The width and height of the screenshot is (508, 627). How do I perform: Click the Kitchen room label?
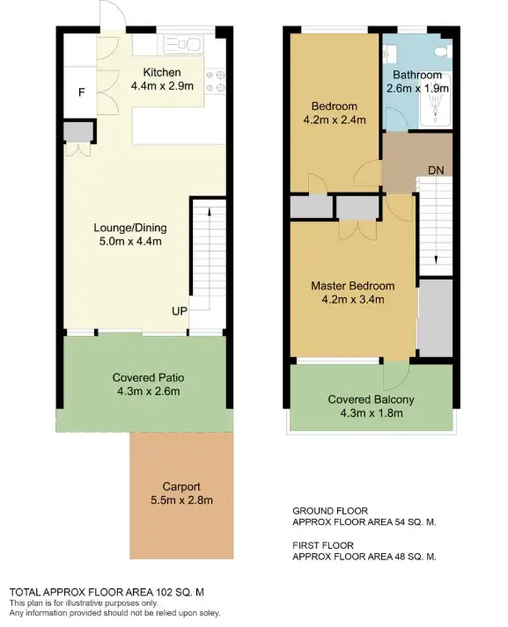(163, 72)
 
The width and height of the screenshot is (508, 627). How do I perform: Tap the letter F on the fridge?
(81, 92)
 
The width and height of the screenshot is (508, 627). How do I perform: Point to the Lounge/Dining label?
(127, 228)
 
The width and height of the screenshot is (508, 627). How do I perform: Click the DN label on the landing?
(435, 169)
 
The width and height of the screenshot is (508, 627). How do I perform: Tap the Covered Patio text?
(148, 378)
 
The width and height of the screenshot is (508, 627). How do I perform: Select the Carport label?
(182, 486)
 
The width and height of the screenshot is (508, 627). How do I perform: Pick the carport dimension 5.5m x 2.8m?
(182, 500)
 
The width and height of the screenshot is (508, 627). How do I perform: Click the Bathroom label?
(417, 75)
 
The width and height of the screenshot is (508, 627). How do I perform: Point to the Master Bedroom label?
(352, 286)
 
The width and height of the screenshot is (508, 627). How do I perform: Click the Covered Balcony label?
(371, 399)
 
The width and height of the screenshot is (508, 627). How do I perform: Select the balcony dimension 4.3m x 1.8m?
(371, 412)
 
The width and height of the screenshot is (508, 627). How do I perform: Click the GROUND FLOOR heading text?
(329, 510)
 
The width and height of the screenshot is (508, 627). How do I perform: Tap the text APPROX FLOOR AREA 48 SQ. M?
(364, 557)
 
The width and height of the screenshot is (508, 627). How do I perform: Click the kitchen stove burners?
(215, 82)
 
